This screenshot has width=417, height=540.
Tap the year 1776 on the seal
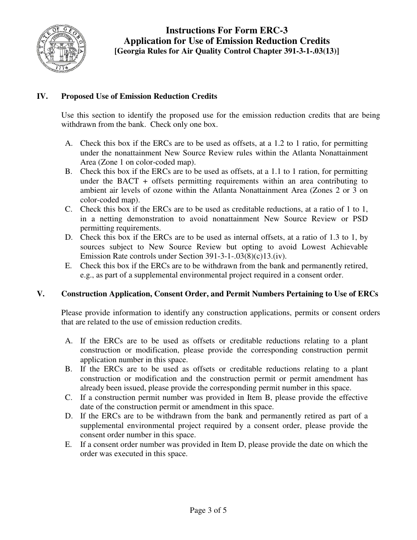point(61,68)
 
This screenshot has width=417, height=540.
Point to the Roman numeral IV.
point(42,96)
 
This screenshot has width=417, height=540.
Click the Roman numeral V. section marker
point(40,294)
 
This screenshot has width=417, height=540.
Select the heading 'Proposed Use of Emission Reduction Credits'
point(139,96)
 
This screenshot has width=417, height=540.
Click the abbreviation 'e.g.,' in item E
point(88,275)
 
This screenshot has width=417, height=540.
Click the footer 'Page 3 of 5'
point(208,510)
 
